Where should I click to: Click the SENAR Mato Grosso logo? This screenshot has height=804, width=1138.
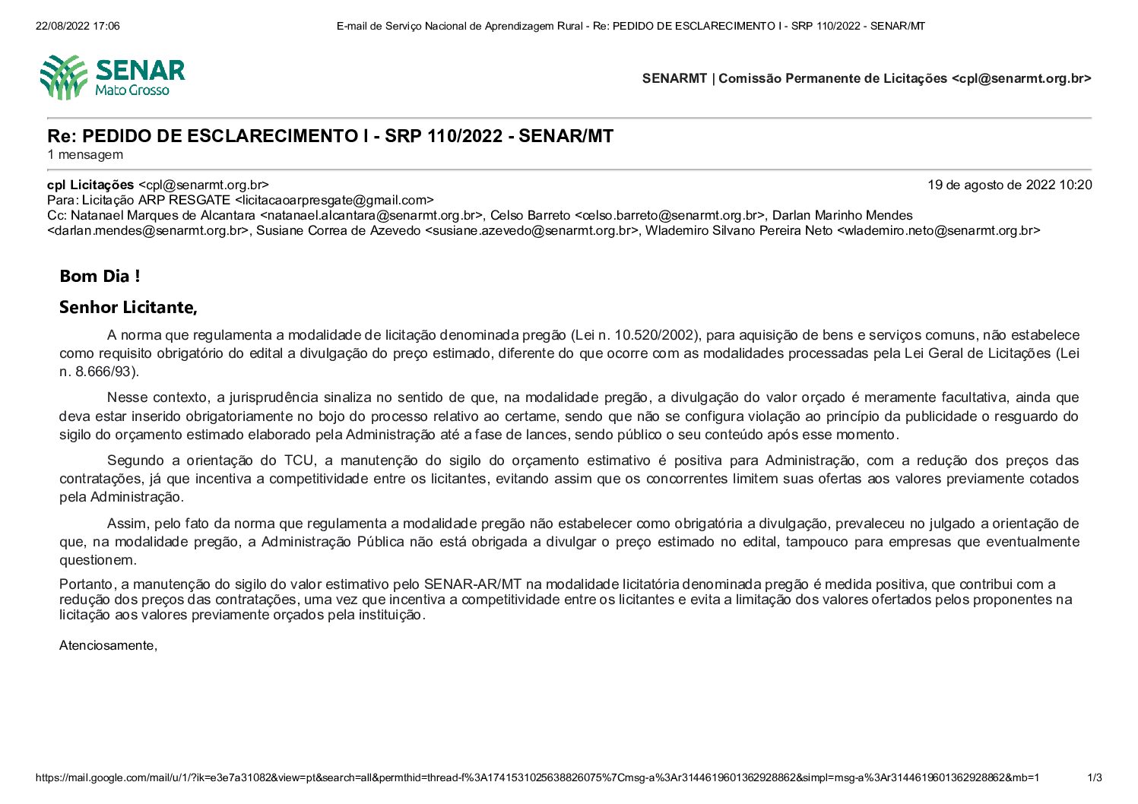[x=113, y=77]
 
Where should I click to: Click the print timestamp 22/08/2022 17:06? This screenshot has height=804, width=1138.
[x=78, y=26]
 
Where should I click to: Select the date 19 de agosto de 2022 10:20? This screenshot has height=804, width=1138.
[x=1009, y=185]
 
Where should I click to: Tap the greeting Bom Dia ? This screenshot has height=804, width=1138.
[x=100, y=277]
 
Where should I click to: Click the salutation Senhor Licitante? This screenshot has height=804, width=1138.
[x=128, y=308]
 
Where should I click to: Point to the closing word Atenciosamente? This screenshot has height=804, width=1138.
[x=108, y=645]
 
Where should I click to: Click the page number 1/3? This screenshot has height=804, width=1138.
[x=1095, y=777]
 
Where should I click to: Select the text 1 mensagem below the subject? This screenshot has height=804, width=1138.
[x=85, y=155]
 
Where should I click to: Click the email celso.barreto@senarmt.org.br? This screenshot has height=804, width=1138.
[x=669, y=216]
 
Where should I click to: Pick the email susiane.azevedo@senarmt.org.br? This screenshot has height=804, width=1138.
[x=531, y=231]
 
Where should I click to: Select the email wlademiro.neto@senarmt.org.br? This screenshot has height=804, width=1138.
[x=939, y=231]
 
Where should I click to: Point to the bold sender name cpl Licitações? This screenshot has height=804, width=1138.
[x=90, y=185]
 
